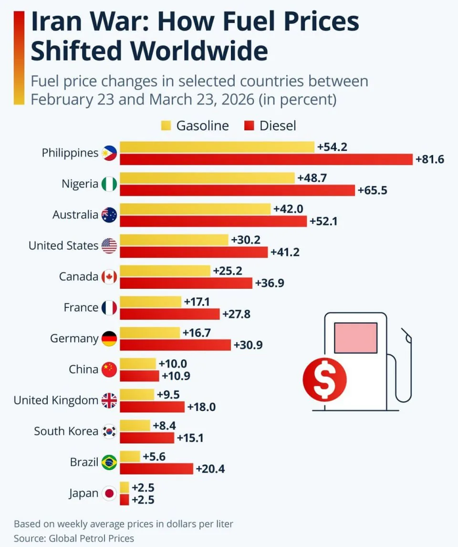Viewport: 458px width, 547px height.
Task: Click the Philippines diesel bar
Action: click(266, 159)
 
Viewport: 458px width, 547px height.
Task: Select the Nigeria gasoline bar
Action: click(207, 178)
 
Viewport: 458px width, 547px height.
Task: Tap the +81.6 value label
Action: click(430, 159)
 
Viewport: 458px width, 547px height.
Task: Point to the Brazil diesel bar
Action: click(156, 469)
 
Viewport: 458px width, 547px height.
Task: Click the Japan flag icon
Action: click(109, 494)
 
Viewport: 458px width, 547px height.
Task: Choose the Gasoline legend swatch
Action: click(166, 126)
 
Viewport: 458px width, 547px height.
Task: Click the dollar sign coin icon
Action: click(324, 380)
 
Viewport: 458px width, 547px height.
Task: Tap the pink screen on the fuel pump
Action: click(356, 337)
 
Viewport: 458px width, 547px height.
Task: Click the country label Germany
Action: click(74, 338)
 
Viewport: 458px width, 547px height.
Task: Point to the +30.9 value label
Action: click(248, 345)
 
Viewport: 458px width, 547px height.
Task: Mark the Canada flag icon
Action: click(109, 277)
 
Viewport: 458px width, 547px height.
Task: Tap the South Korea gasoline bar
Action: click(135, 425)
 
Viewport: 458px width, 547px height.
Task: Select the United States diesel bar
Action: click(194, 252)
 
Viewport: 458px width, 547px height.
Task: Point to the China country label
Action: click(83, 369)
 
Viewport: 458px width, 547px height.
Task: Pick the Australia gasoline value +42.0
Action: click(288, 209)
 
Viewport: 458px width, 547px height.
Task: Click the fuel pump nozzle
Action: click(406, 337)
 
